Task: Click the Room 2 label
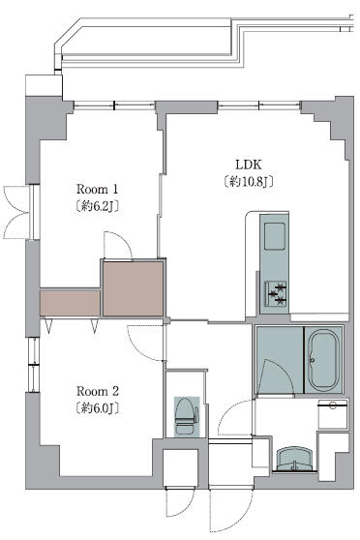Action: point(97,391)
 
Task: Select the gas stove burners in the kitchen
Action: point(277,293)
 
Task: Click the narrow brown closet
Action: point(70,303)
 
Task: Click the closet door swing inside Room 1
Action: point(116,246)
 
